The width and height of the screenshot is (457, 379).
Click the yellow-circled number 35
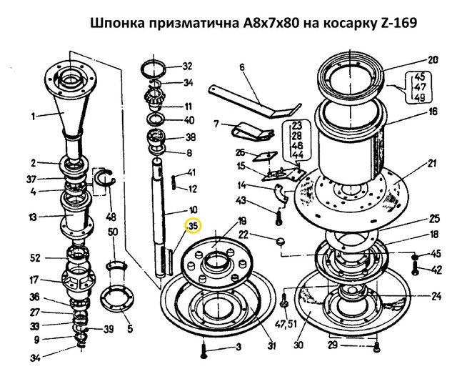tap(194, 226)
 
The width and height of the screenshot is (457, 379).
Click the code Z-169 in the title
tap(398, 23)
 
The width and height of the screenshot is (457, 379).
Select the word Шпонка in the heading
tap(117, 23)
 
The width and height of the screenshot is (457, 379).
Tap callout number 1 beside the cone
tap(34, 117)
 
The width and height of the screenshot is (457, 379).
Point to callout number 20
tap(433, 60)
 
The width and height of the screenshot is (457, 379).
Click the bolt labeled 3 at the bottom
tap(204, 349)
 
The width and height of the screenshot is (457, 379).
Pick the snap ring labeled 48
tap(106, 182)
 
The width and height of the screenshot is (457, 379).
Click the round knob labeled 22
tap(281, 242)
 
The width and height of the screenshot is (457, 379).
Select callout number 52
tap(35, 258)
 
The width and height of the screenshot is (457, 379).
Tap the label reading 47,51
tap(286, 323)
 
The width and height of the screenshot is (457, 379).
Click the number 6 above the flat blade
tap(242, 67)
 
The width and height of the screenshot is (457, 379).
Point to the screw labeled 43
tap(279, 217)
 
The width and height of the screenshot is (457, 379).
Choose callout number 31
tap(271, 345)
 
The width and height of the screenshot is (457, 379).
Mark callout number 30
tap(298, 345)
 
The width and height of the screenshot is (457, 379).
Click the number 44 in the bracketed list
tap(297, 154)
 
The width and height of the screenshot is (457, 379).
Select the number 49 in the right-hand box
tap(419, 97)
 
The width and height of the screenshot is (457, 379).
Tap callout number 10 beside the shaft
tap(193, 210)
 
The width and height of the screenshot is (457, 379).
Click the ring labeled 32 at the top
tap(154, 70)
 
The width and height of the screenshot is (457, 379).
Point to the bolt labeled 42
tap(416, 267)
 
